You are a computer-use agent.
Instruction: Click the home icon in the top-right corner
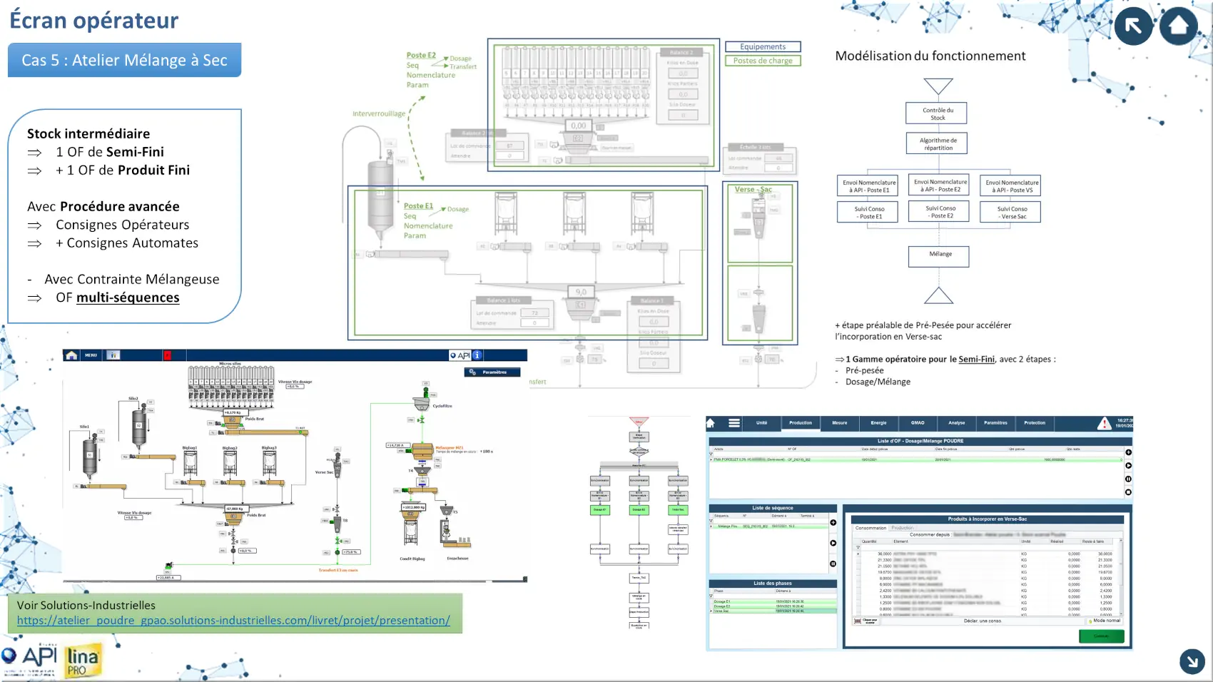(x=1178, y=26)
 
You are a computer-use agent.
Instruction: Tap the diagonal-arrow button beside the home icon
(x=1133, y=26)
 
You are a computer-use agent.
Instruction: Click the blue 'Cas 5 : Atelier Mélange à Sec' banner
(x=124, y=60)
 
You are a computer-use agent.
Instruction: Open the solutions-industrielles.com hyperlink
(x=233, y=621)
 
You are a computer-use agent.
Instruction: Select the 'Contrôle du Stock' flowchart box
(x=938, y=113)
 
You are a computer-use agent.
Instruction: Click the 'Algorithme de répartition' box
(x=938, y=144)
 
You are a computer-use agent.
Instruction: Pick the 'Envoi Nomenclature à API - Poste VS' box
(x=1010, y=186)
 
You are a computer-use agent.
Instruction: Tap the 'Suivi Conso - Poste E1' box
(x=869, y=213)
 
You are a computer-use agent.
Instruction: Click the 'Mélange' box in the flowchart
(x=939, y=255)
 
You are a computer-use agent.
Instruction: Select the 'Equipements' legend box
(x=762, y=47)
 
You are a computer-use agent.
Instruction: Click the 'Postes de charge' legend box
(x=762, y=61)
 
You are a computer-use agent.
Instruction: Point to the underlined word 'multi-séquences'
(x=128, y=297)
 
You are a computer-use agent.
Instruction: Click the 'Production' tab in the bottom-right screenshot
(x=800, y=423)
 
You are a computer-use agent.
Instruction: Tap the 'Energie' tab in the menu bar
(x=878, y=423)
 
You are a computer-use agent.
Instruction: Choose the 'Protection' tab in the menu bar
(x=1034, y=423)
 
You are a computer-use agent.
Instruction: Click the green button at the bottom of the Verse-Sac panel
(x=1101, y=636)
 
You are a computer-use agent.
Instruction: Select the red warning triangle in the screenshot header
(x=1104, y=424)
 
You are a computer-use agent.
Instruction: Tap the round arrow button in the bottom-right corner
(x=1192, y=661)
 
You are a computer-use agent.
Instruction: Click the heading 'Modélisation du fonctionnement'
(x=930, y=56)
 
